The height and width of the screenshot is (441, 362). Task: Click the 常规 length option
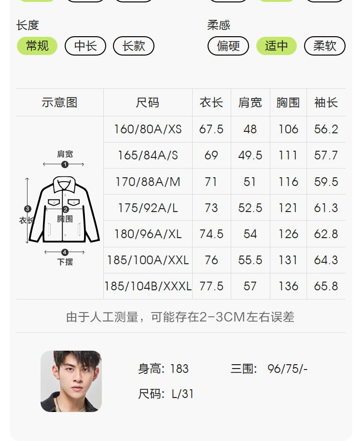tap(37, 46)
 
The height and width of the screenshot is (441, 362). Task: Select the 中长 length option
tap(85, 46)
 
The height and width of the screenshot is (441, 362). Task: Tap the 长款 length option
tap(134, 46)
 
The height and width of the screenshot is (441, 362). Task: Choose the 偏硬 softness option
tap(228, 46)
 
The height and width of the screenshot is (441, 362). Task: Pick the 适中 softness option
tap(277, 46)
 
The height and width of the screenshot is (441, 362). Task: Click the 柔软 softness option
tap(325, 46)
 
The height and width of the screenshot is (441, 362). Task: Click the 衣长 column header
tap(211, 102)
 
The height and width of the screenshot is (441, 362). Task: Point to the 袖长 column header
tap(326, 102)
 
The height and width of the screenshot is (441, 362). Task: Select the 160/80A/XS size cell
tap(148, 129)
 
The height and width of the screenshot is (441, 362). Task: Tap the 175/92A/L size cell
tap(148, 208)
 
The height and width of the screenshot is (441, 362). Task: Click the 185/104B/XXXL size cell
tap(148, 286)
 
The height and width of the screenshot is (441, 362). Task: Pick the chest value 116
tap(288, 182)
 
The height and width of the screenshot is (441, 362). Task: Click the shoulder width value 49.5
tap(250, 155)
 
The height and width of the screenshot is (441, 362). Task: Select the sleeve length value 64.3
tap(326, 260)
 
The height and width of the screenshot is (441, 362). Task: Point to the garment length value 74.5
tap(211, 234)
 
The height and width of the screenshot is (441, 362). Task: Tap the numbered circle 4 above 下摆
tap(65, 252)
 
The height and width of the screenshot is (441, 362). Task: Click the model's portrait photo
tap(71, 381)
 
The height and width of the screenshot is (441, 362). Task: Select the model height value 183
tap(179, 369)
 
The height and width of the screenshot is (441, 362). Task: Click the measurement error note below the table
tap(181, 317)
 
